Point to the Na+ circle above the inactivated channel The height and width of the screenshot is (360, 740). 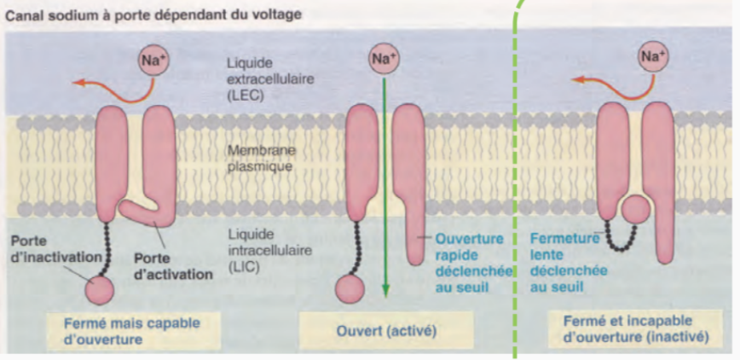click(x=653, y=59)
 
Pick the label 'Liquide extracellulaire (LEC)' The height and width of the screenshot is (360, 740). click(x=259, y=78)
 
